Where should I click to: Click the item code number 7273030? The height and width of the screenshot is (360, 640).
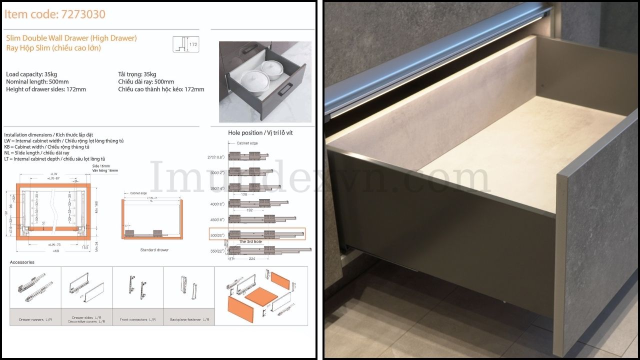pos(82,14)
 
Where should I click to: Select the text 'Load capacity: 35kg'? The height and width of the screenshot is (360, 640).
pos(31,74)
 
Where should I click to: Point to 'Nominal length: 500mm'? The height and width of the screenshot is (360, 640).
pos(37,82)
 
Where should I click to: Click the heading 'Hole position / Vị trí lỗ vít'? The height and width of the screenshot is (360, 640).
pos(259,132)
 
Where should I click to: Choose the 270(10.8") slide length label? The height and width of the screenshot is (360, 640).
pos(216,157)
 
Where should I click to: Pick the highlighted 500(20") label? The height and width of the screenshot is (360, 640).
pos(217,234)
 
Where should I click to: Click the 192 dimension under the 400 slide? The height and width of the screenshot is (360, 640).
pos(249,210)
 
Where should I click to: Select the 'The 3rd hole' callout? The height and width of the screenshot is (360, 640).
pos(250,242)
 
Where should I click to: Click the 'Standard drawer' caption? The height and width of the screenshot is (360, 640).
pos(154,249)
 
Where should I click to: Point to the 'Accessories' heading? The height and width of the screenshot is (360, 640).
pos(22,262)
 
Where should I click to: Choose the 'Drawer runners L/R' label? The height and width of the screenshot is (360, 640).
pos(35,319)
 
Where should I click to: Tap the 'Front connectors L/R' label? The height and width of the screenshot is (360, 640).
pos(137,319)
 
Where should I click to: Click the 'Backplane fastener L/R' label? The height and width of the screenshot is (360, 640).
pos(189,319)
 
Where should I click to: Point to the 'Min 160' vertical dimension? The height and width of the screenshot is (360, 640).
pos(96,205)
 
